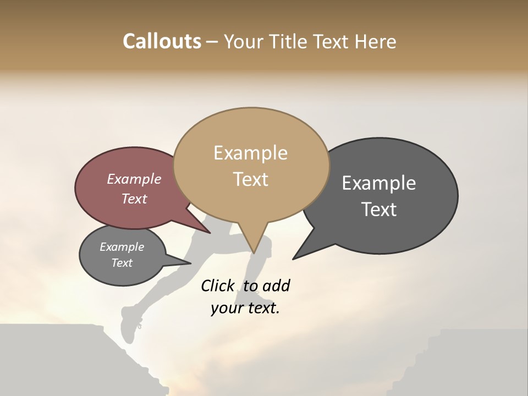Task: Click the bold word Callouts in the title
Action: (162, 42)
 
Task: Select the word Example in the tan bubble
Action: (250, 153)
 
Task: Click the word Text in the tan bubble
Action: (250, 179)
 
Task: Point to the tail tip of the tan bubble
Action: (254, 252)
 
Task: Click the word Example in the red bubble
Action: (134, 179)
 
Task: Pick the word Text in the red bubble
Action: (134, 199)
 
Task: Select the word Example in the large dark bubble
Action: (379, 183)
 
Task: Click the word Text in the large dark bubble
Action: (379, 210)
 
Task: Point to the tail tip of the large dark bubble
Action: (294, 258)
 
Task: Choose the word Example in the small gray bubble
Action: (122, 248)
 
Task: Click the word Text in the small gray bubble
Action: (122, 263)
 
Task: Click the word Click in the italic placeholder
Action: (218, 286)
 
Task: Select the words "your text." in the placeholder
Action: (245, 309)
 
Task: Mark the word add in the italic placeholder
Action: (276, 286)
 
